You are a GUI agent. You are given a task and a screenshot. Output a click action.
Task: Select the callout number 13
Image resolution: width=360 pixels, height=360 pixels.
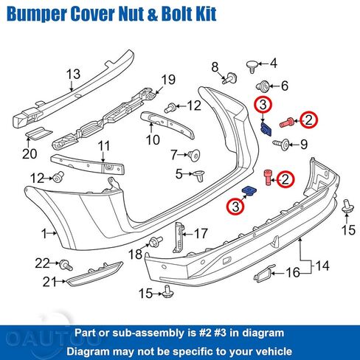click(x=73, y=74)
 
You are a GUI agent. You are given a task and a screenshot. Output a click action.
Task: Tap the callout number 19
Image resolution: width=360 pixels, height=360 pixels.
click(x=168, y=80)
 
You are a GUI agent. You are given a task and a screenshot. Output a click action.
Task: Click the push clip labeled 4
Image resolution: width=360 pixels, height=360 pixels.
click(x=252, y=66)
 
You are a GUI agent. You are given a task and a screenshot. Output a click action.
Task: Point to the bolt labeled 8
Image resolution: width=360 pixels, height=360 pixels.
click(x=230, y=78)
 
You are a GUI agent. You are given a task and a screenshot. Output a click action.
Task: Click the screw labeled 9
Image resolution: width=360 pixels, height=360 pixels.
click(x=282, y=145)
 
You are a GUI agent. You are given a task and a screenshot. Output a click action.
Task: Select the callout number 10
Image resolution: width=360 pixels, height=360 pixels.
click(x=153, y=139)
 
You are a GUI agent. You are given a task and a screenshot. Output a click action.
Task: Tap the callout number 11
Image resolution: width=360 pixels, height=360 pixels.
click(x=103, y=146)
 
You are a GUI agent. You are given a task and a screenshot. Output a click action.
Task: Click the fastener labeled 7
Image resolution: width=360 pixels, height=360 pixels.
click(x=194, y=155)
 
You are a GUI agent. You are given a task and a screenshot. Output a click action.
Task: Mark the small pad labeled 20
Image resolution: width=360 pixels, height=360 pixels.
click(x=39, y=134)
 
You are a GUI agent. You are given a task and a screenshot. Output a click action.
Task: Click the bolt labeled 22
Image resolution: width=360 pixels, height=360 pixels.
click(x=66, y=265)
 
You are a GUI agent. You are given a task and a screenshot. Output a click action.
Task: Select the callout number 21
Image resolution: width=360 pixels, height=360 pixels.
click(x=49, y=282)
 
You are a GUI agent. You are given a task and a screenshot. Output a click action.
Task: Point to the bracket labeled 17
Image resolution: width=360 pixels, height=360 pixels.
click(x=179, y=238)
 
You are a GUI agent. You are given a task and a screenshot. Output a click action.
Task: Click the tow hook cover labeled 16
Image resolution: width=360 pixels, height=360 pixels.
click(x=265, y=274)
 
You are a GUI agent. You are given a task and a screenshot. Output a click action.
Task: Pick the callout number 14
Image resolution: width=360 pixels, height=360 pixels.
click(x=322, y=266)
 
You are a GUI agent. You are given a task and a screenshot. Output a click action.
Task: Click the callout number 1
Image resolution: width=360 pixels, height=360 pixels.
click(x=44, y=233)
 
